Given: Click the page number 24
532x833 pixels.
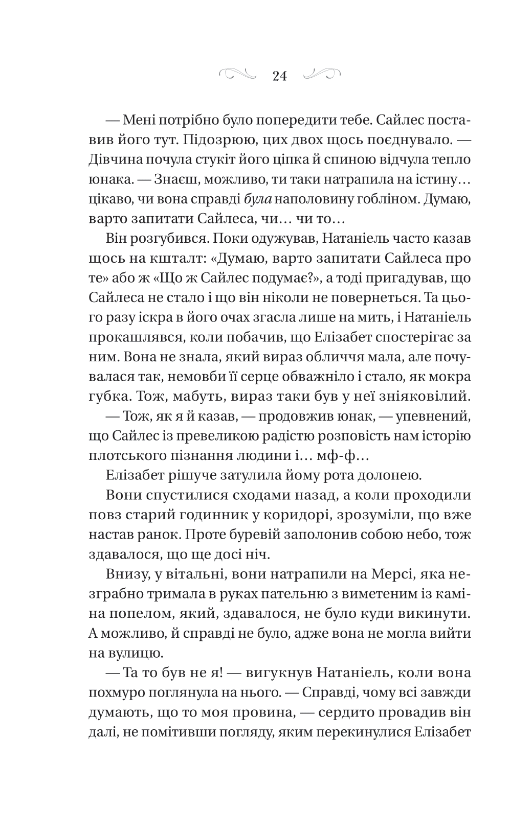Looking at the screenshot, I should (x=280, y=76).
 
